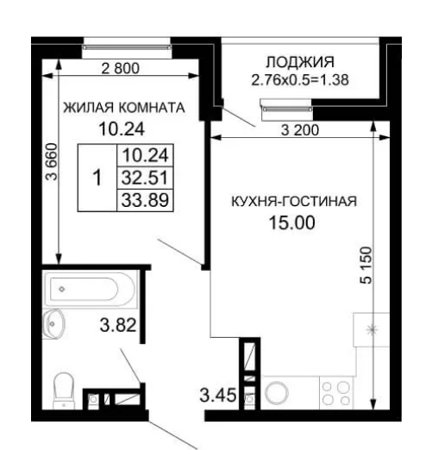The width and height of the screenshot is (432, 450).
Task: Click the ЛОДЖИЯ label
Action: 300,62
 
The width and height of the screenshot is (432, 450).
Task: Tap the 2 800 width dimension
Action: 121,68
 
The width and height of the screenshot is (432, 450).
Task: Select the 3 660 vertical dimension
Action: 53,161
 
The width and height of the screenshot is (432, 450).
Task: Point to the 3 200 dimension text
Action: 300,130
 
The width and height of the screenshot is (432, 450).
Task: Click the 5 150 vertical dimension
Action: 366,265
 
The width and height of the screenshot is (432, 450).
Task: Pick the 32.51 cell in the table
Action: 145,178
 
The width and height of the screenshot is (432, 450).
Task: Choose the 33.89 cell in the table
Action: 145,200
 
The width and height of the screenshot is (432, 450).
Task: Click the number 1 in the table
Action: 97,178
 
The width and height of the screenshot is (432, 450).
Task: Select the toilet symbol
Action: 64,391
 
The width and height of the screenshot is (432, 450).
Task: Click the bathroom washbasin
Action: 53,324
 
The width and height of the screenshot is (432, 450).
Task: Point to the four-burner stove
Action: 336,392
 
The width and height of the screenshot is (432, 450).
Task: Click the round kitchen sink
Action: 277,393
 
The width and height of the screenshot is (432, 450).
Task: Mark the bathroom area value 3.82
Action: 118,325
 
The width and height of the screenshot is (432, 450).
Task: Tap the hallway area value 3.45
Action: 218,395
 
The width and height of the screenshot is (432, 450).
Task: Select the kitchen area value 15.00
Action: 291,222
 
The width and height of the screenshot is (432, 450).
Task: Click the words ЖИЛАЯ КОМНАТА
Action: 124,108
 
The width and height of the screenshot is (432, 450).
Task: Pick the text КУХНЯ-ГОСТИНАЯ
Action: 294,201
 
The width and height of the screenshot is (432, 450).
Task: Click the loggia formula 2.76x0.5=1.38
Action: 300,80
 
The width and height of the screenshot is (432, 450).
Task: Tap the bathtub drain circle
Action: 62,289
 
